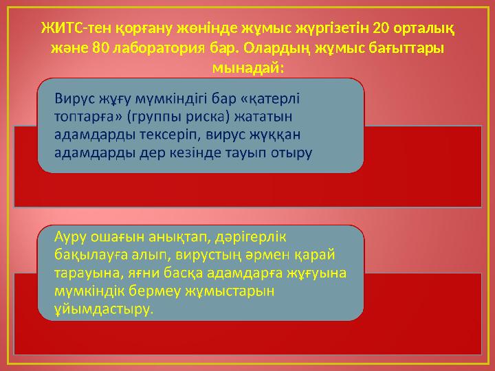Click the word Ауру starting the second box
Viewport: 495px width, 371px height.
71,237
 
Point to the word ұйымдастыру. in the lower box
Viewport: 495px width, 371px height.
103,309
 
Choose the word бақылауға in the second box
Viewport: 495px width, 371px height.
90,255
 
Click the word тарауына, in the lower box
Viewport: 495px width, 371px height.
86,273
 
